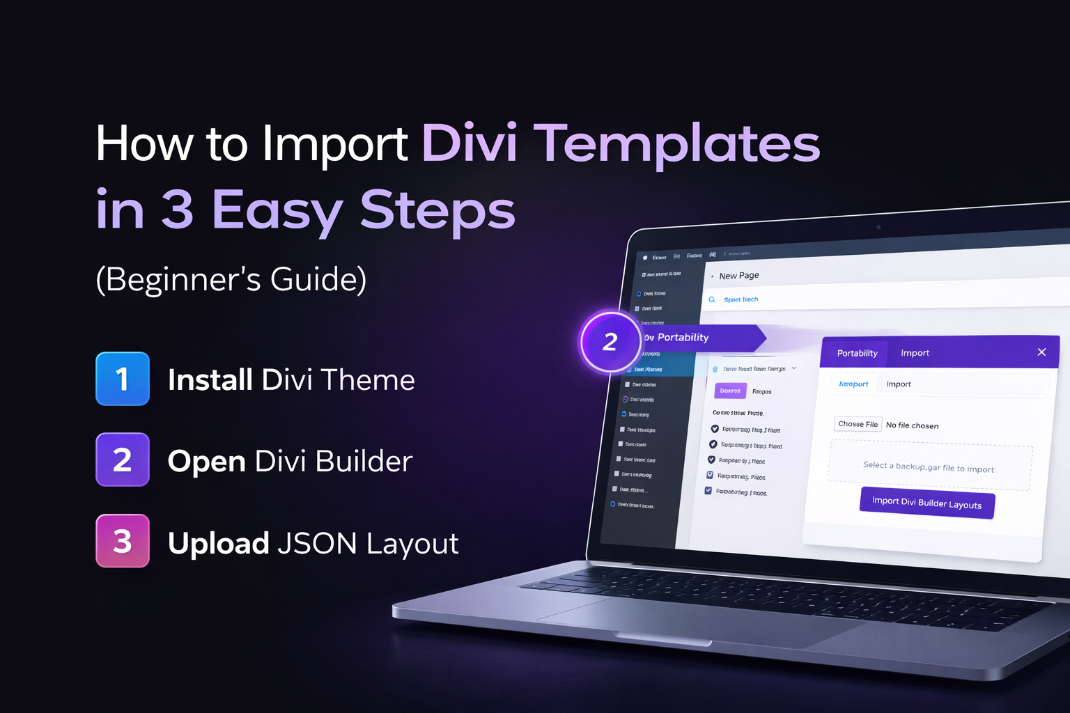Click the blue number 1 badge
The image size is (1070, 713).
point(123,379)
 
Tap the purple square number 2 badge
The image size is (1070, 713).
point(123,460)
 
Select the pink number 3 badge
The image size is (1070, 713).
point(123,541)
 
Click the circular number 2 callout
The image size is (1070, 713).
point(610,341)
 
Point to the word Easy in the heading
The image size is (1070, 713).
point(277,210)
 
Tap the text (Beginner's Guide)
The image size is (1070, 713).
point(231,279)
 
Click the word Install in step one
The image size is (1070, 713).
point(210,380)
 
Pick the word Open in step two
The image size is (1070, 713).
point(207,462)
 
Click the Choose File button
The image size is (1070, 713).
point(858,424)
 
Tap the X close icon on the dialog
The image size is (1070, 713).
point(1041,352)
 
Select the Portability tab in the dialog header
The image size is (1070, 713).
point(857,353)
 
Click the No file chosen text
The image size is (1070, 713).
point(912,425)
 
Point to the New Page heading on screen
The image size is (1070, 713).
point(739,276)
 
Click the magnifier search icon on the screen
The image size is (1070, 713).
point(712,299)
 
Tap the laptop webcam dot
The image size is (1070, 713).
point(878,227)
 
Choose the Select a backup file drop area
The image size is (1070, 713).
point(929,467)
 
